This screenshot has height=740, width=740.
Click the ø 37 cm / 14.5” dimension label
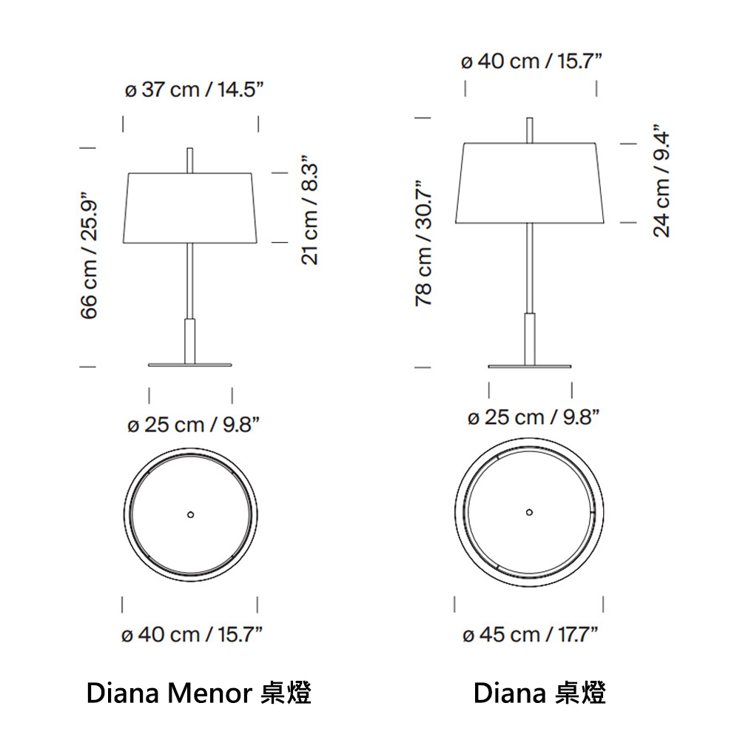click(194, 90)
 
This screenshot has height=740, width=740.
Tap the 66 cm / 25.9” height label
click(90, 255)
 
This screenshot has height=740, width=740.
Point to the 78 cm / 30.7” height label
click(424, 243)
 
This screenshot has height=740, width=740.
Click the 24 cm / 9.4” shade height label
click(661, 181)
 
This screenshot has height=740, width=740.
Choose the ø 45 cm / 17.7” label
click(531, 635)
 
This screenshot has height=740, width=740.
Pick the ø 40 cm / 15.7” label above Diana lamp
click(531, 61)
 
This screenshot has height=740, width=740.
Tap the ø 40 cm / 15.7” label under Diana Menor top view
click(192, 634)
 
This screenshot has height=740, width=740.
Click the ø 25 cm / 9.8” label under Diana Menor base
click(193, 425)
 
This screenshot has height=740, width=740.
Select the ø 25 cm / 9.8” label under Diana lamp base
click(534, 417)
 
